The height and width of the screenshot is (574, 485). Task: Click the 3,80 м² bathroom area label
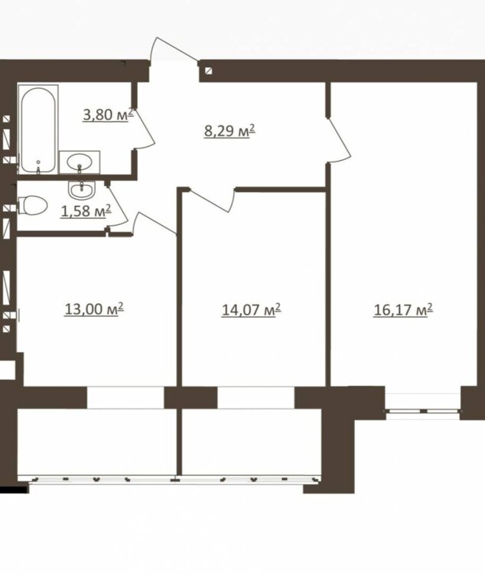(108, 115)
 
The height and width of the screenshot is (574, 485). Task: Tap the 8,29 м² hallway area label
(229, 130)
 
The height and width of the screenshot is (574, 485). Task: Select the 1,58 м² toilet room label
(86, 211)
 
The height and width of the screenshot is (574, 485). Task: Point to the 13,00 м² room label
(94, 309)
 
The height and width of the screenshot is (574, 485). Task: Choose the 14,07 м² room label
(252, 310)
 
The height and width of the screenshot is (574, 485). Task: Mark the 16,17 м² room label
(403, 310)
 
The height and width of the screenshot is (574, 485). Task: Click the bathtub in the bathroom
(38, 129)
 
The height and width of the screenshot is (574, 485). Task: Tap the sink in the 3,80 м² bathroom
(80, 161)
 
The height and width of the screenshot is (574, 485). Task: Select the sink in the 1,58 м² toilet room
(82, 189)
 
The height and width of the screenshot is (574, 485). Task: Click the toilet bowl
(33, 205)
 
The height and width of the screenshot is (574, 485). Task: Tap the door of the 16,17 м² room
(340, 139)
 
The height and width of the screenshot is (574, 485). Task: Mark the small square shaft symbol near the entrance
(209, 70)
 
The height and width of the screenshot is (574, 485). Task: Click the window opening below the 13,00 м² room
(125, 397)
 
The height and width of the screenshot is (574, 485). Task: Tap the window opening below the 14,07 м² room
(256, 397)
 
